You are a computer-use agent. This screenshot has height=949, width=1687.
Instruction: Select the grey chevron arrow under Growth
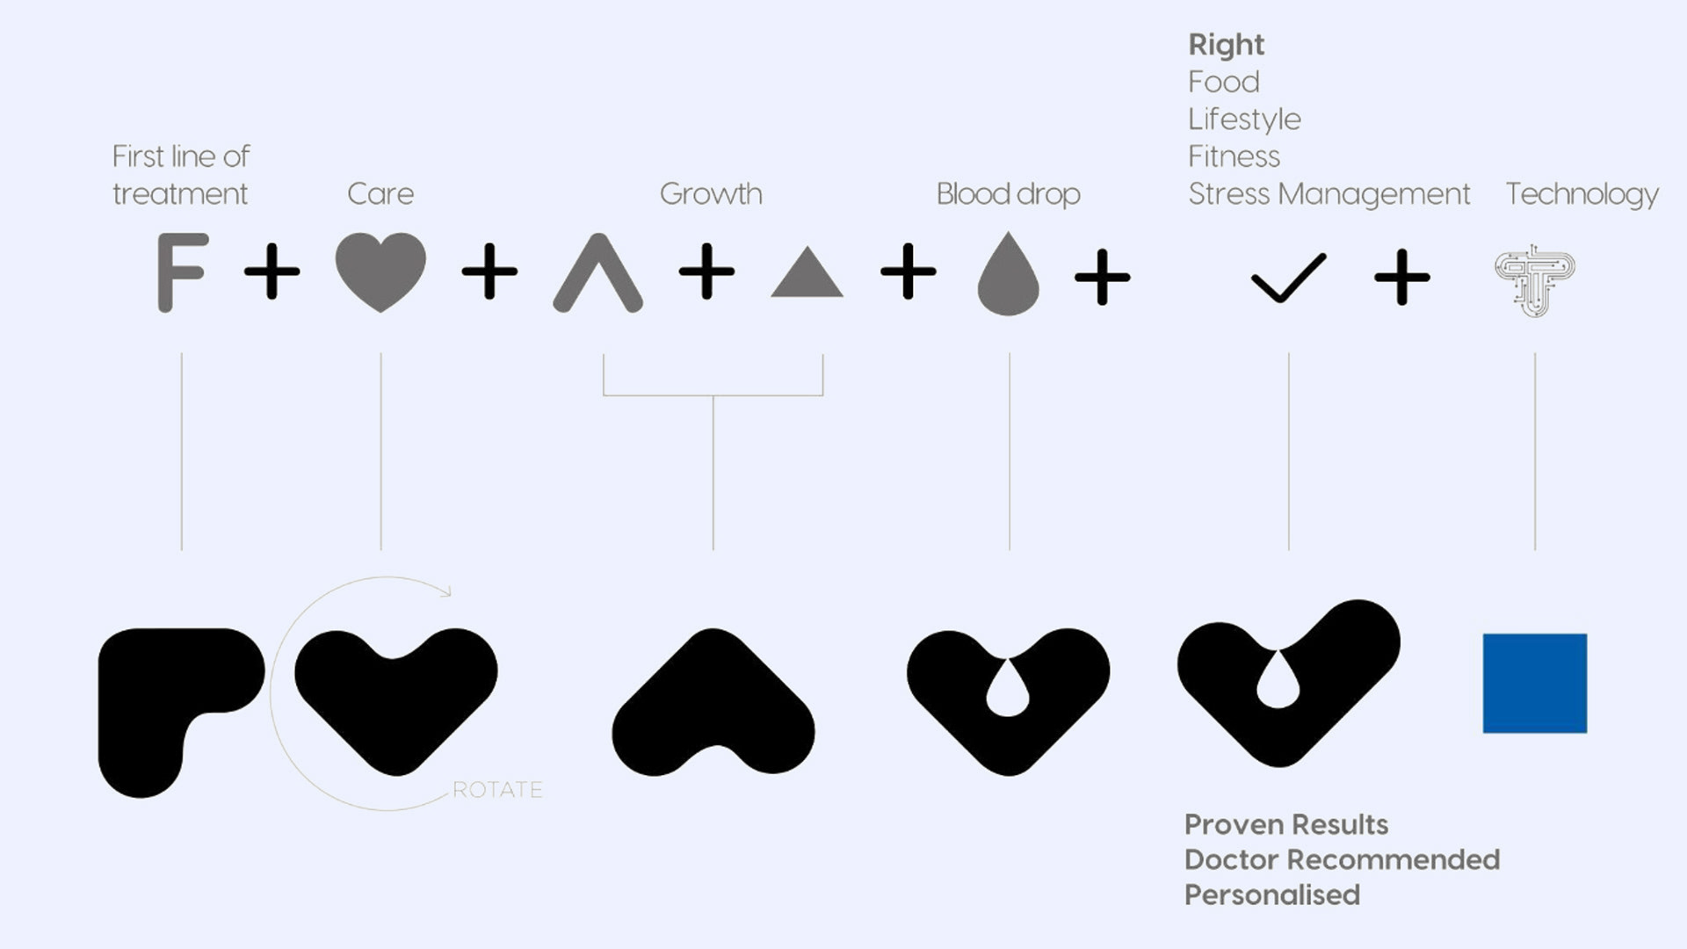click(597, 273)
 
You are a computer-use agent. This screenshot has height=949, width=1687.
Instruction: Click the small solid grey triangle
click(807, 276)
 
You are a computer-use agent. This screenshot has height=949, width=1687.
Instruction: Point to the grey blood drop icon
click(1008, 276)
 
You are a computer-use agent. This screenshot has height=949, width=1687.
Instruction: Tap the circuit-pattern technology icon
click(1534, 279)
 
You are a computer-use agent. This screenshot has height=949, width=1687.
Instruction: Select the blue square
click(1534, 683)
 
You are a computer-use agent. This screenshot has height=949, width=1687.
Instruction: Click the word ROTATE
click(497, 789)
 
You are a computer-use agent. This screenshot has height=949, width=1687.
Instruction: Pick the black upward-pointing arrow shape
click(713, 703)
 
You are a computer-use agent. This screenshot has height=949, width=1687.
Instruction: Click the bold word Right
click(1226, 44)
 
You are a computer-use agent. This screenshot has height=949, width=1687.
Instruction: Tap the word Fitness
click(1234, 156)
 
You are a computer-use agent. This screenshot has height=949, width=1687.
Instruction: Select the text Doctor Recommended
click(1342, 859)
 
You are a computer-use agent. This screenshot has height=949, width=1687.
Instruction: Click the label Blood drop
click(1008, 193)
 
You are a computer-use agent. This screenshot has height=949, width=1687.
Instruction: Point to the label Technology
click(1582, 193)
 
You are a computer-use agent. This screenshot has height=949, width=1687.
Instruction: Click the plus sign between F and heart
click(272, 272)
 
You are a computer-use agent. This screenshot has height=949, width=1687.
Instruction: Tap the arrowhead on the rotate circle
click(446, 591)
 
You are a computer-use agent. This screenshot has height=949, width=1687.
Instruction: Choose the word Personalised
click(1271, 895)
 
